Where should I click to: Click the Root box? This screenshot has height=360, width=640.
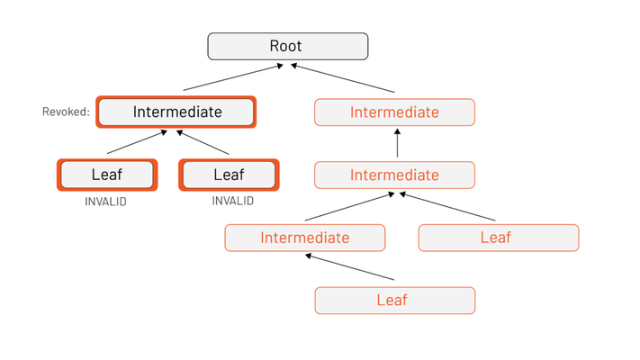pyautogui.click(x=288, y=46)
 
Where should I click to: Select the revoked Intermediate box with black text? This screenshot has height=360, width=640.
pyautogui.click(x=176, y=112)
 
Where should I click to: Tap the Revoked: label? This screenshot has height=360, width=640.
pyautogui.click(x=66, y=112)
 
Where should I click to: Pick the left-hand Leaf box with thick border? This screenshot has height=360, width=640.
pyautogui.click(x=107, y=175)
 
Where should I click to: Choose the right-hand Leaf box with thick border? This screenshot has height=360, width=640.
pyautogui.click(x=229, y=175)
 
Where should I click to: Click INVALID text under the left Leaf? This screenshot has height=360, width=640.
pyautogui.click(x=105, y=202)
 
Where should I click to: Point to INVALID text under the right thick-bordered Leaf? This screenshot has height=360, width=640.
pyautogui.click(x=233, y=201)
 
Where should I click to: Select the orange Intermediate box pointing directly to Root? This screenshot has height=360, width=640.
pyautogui.click(x=394, y=112)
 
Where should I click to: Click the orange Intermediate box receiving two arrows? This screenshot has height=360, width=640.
pyautogui.click(x=394, y=175)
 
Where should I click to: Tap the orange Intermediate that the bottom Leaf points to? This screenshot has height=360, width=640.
pyautogui.click(x=305, y=238)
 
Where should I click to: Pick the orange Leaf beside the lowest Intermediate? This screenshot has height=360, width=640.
pyautogui.click(x=499, y=238)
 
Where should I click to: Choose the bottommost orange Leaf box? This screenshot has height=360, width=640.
pyautogui.click(x=395, y=301)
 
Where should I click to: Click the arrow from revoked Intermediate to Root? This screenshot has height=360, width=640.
pyautogui.click(x=233, y=77)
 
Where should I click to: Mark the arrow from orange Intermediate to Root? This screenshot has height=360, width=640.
pyautogui.click(x=342, y=78)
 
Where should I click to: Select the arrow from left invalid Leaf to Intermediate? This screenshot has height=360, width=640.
pyautogui.click(x=137, y=142)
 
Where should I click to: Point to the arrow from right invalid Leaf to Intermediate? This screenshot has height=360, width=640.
pyautogui.click(x=203, y=142)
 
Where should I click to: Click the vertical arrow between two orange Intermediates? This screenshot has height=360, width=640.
pyautogui.click(x=397, y=143)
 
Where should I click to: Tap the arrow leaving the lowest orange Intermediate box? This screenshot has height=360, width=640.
pyautogui.click(x=350, y=206)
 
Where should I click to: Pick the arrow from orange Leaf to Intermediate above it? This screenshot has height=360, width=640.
pyautogui.click(x=447, y=206)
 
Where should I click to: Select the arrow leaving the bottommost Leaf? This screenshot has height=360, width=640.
pyautogui.click(x=350, y=267)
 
